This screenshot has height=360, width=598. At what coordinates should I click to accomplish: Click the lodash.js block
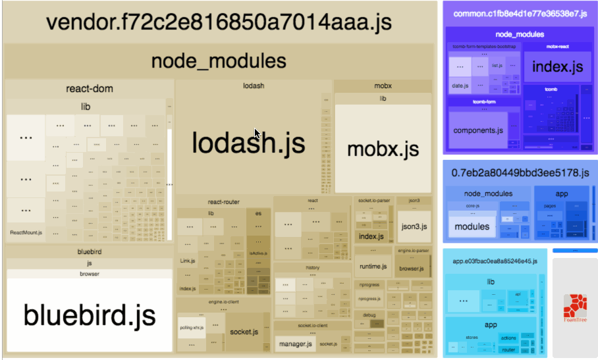click(x=249, y=142)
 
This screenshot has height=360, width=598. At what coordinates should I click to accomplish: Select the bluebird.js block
click(x=90, y=315)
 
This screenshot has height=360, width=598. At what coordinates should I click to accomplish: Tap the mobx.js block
click(x=383, y=148)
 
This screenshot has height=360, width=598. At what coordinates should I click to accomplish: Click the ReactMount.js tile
click(x=26, y=232)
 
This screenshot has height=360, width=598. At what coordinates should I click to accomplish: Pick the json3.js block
click(x=414, y=226)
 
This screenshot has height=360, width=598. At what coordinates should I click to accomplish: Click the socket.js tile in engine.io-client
click(x=243, y=331)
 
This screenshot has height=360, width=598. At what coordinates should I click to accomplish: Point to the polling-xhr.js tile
click(x=191, y=327)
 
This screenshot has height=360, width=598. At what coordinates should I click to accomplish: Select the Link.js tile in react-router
click(x=187, y=261)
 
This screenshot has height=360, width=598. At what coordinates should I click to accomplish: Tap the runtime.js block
click(x=373, y=267)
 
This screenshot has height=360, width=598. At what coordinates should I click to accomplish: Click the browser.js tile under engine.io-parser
click(x=412, y=269)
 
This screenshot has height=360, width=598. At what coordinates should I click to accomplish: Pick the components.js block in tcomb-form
click(x=477, y=130)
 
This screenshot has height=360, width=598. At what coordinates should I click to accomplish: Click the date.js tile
click(x=460, y=86)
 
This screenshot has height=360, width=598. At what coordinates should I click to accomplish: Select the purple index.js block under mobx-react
click(x=557, y=66)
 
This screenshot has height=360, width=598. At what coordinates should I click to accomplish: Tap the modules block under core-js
click(x=472, y=226)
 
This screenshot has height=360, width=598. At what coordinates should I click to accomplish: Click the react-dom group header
click(x=90, y=89)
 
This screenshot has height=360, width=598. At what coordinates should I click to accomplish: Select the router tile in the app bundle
click(x=508, y=349)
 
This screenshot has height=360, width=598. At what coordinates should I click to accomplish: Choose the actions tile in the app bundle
click(x=508, y=338)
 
